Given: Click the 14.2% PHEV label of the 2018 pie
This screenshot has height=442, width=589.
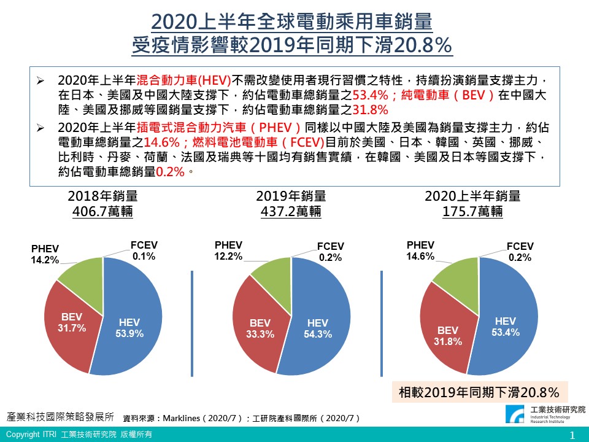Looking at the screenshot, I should (x=45, y=255).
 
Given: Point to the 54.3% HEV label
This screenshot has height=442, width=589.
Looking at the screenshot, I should (x=318, y=329).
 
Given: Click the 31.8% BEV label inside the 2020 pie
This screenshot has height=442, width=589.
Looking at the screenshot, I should (x=448, y=336).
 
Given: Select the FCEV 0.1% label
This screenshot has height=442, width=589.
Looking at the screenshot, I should (x=144, y=250).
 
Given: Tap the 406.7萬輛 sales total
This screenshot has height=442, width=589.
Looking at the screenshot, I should (x=102, y=212).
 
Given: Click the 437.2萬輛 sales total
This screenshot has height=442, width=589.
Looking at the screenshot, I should (x=290, y=212).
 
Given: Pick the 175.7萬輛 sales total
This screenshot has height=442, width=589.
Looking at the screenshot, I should (x=472, y=212).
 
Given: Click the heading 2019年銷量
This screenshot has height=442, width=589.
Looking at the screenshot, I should (x=290, y=196).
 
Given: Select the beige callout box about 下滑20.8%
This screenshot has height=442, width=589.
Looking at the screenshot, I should (x=479, y=392).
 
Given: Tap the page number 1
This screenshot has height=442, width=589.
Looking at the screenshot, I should (x=572, y=435).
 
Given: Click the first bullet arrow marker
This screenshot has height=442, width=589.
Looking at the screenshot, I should (x=40, y=81).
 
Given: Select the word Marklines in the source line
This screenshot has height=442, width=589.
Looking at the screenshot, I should (x=183, y=418).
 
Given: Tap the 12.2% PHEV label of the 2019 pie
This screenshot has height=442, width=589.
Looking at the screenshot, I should (x=229, y=250).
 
